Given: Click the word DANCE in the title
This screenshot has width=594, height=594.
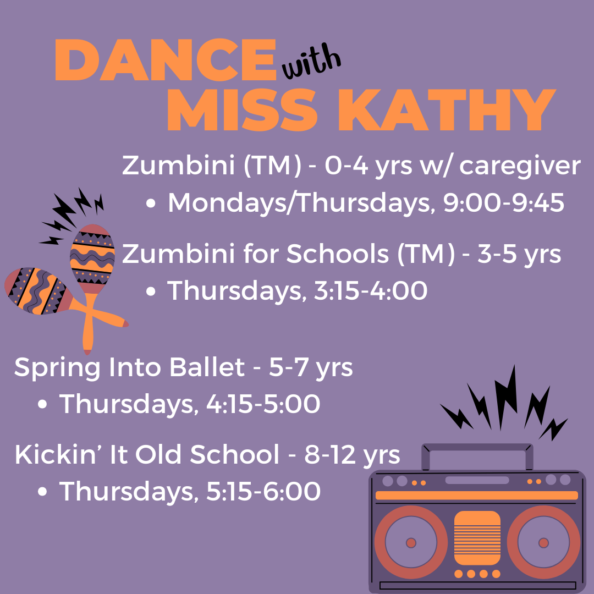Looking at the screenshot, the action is [166, 60].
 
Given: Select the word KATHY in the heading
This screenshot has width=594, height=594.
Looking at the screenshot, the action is [447, 111].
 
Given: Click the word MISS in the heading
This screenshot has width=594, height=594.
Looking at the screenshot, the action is [243, 111].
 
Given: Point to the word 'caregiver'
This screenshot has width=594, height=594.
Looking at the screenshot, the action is [520, 167].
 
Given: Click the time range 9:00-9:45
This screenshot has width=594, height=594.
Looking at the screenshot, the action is [503, 202].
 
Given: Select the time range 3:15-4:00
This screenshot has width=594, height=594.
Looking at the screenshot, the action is [371, 290].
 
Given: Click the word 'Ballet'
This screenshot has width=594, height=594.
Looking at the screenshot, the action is [207, 367].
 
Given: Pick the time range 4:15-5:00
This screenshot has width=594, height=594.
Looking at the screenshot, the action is [263, 404].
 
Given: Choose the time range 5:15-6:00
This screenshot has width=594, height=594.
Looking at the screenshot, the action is [263, 491].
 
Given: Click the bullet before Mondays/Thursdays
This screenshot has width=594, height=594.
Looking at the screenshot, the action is [151, 204].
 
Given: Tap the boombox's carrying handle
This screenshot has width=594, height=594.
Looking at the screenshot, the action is [477, 449].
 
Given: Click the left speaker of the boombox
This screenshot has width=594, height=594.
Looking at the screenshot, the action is [411, 542].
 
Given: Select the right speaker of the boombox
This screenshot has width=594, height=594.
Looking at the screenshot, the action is [543, 542].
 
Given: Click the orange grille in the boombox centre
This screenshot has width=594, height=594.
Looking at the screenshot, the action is [477, 538].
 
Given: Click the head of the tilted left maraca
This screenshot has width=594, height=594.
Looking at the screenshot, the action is [38, 291].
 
